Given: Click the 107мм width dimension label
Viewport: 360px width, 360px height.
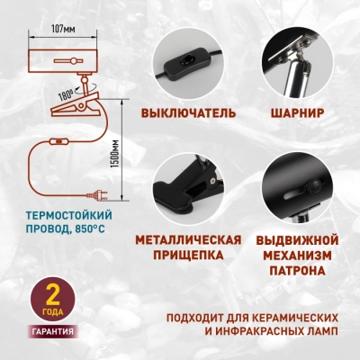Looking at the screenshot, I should click(62, 29).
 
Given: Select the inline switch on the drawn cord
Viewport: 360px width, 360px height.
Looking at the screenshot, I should click(59, 140).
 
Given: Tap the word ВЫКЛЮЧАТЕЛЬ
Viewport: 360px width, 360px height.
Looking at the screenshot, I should click(189, 114).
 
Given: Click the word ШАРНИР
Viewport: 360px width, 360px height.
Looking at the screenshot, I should click(296, 114).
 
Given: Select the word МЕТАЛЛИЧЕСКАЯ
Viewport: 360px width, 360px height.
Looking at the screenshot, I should click(189, 239).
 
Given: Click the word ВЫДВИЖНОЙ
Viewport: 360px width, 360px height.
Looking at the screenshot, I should click(296, 239).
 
